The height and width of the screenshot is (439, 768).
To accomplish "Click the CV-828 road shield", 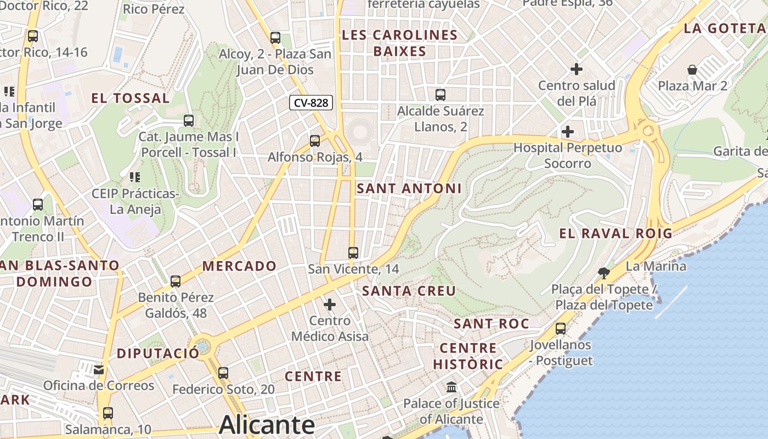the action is pyautogui.click(x=312, y=103).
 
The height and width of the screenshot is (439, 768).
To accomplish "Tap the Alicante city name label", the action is pyautogui.click(x=267, y=425).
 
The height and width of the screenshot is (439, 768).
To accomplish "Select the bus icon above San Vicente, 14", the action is pyautogui.click(x=353, y=253).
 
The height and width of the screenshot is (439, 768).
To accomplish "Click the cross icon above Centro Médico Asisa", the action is pyautogui.click(x=330, y=304).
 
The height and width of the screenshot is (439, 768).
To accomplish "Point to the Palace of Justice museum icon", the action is pyautogui.click(x=451, y=387).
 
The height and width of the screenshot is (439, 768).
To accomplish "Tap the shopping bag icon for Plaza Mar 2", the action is pyautogui.click(x=692, y=70).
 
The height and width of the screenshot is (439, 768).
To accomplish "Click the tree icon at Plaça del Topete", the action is pyautogui.click(x=603, y=273).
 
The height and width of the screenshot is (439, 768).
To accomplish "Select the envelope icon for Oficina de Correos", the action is pyautogui.click(x=99, y=370).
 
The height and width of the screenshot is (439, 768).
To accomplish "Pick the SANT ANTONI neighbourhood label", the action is pyautogui.click(x=409, y=189).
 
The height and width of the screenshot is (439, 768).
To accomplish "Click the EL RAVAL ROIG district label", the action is pyautogui.click(x=615, y=233).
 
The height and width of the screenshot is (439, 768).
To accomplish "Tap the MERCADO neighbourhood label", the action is pyautogui.click(x=240, y=266).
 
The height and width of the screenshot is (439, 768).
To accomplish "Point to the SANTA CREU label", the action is pyautogui.click(x=409, y=291).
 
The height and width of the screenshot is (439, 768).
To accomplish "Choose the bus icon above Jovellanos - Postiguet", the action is pyautogui.click(x=561, y=329).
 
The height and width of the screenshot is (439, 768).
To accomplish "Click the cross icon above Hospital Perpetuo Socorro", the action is pyautogui.click(x=568, y=132).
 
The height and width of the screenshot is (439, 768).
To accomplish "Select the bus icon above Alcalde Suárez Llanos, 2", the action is pyautogui.click(x=441, y=95).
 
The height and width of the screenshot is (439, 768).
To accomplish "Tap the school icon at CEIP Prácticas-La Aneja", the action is pyautogui.click(x=134, y=177).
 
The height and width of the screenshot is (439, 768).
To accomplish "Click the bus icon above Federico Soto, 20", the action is pyautogui.click(x=223, y=373).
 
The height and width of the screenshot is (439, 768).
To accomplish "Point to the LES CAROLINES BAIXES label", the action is pyautogui.click(x=399, y=43).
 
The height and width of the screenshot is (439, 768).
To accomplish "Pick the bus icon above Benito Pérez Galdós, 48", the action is pyautogui.click(x=176, y=282).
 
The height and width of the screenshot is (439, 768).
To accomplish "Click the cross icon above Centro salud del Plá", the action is pyautogui.click(x=576, y=69).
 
